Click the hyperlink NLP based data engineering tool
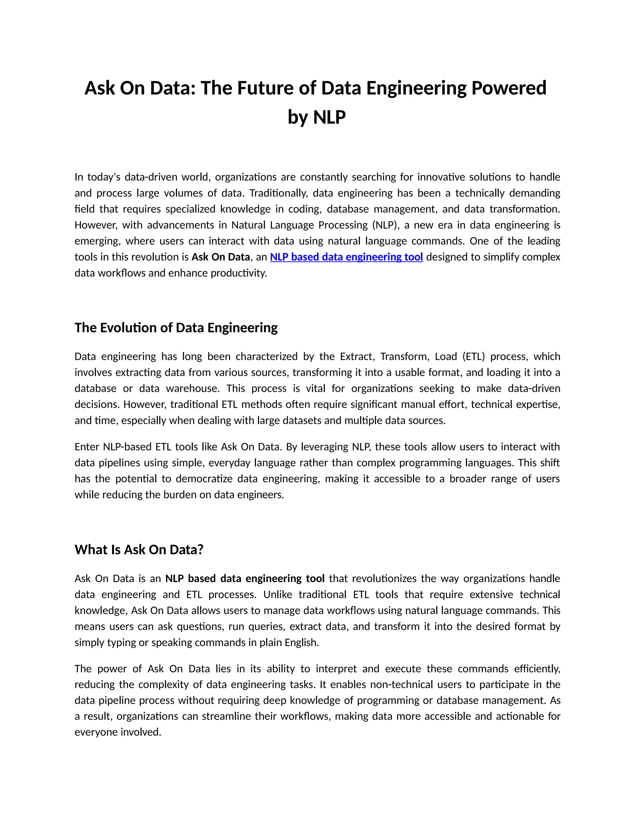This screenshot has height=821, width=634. tap(346, 257)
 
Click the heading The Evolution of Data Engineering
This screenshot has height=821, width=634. tap(176, 328)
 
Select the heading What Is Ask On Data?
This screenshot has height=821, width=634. tap(139, 550)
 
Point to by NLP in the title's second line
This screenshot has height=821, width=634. tap(316, 117)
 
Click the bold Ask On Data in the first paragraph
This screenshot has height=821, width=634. tap(220, 257)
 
